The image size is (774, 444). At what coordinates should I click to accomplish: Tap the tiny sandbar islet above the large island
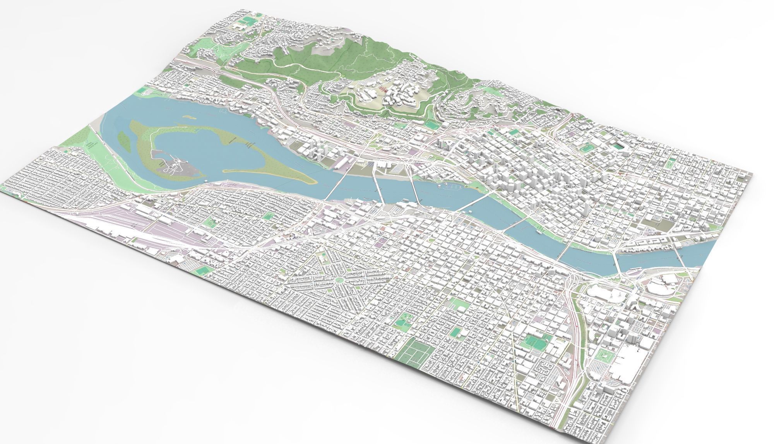[188, 116]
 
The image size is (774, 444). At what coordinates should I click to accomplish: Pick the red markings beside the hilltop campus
[383, 89]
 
